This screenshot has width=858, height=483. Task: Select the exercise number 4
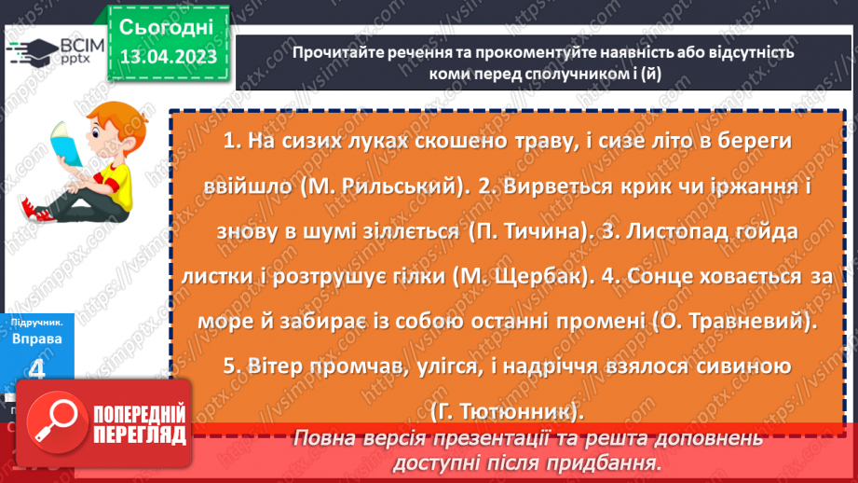click(x=37, y=369)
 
